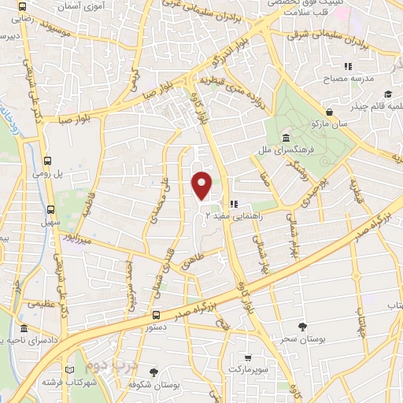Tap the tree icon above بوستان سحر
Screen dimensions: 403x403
303,326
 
